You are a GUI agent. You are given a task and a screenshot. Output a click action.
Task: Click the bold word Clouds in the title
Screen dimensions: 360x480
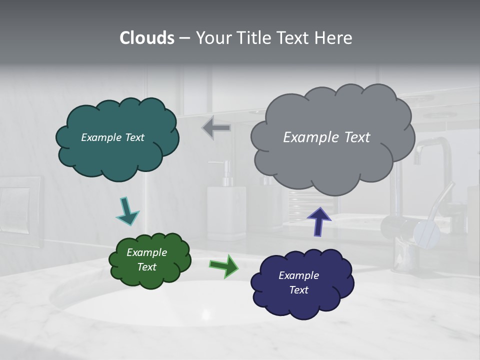coord(147,38)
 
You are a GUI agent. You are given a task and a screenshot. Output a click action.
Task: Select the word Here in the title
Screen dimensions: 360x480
coord(335,38)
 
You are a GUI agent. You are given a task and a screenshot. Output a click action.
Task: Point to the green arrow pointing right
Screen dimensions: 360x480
coord(223,266)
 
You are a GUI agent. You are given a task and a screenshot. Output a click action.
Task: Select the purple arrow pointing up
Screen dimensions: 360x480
coord(319,221)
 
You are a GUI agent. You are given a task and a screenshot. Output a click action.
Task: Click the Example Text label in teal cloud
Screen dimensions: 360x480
coord(112,137)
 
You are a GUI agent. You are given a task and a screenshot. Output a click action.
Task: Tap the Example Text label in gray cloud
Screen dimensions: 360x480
coord(326,137)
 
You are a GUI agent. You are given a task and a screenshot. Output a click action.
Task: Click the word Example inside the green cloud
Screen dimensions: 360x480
coord(146,252)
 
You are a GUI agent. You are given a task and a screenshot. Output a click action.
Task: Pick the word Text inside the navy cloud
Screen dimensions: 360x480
coord(298,290)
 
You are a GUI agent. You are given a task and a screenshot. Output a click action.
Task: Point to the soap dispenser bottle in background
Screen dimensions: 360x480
coord(226,210)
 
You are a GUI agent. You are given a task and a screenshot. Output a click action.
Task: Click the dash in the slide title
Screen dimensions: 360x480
coord(184,38)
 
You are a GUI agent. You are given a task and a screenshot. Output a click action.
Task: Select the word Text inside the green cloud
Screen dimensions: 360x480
coord(146,267)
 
